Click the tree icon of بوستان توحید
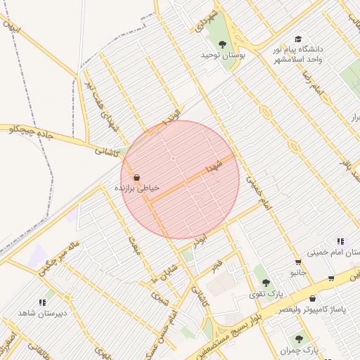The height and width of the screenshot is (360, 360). tap(222, 44)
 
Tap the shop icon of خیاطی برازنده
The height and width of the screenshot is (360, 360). tap(136, 178)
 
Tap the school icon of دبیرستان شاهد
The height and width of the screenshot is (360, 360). tap(50, 302)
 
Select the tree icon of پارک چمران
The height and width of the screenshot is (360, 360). tap(300, 339)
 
